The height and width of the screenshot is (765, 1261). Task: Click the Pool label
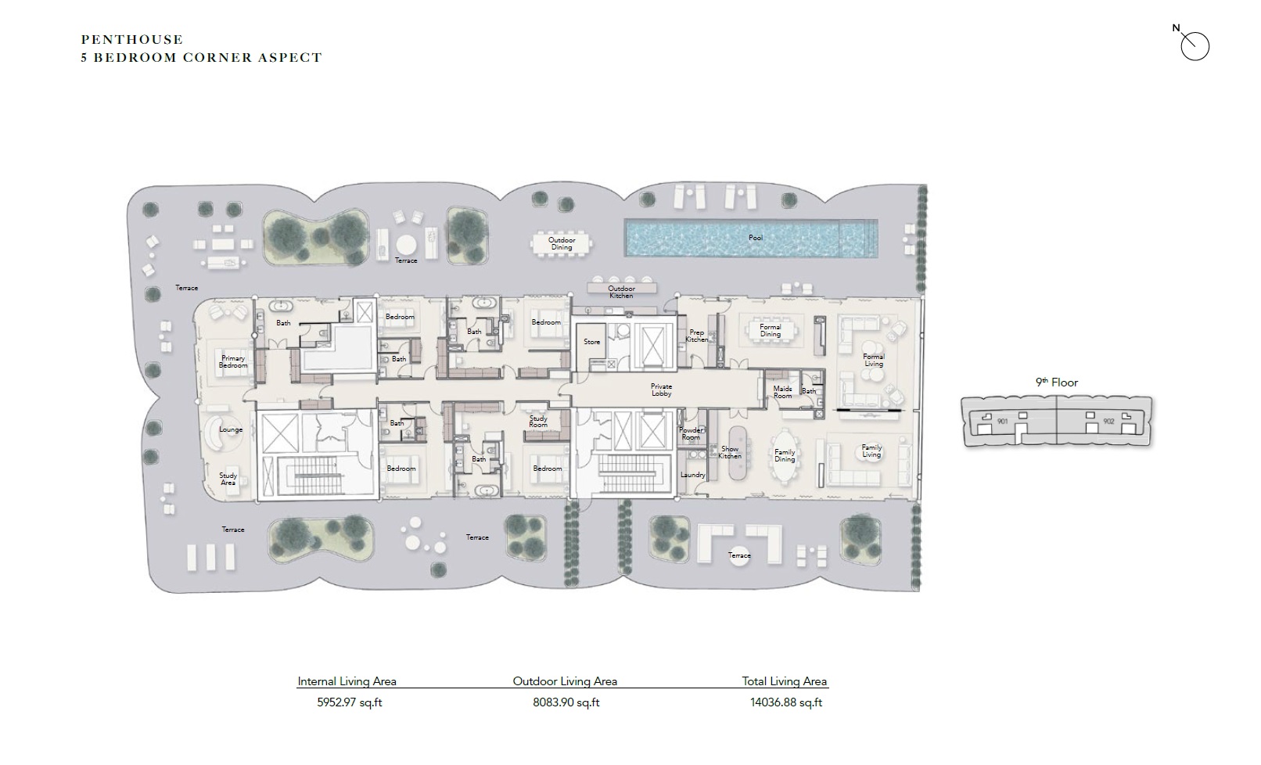tap(755, 238)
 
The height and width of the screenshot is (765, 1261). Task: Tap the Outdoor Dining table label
tap(561, 244)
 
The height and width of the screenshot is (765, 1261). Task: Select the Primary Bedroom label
tap(233, 362)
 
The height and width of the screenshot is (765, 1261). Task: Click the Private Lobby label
tap(661, 390)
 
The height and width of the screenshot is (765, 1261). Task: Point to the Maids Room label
tap(782, 392)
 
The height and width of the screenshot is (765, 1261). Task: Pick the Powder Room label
tap(691, 433)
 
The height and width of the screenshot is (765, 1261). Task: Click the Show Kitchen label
tap(729, 452)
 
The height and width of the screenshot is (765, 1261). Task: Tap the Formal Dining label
tap(770, 330)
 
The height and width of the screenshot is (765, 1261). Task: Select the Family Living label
tap(871, 451)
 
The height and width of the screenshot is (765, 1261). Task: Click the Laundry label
tap(692, 475)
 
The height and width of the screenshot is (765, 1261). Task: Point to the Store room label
tap(592, 342)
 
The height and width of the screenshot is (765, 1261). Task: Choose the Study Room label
tap(538, 422)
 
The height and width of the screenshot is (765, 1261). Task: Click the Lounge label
tap(231, 429)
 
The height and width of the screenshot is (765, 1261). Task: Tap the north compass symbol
tap(1194, 45)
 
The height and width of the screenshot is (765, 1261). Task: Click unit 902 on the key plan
tap(1108, 421)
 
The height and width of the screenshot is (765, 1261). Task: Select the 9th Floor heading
tap(1057, 382)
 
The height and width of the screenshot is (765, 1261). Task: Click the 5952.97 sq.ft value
tap(349, 702)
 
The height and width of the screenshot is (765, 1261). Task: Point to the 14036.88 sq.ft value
tap(785, 702)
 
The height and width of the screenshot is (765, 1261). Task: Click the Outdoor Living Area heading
tap(565, 681)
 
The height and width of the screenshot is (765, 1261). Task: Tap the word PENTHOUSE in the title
tap(132, 39)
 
